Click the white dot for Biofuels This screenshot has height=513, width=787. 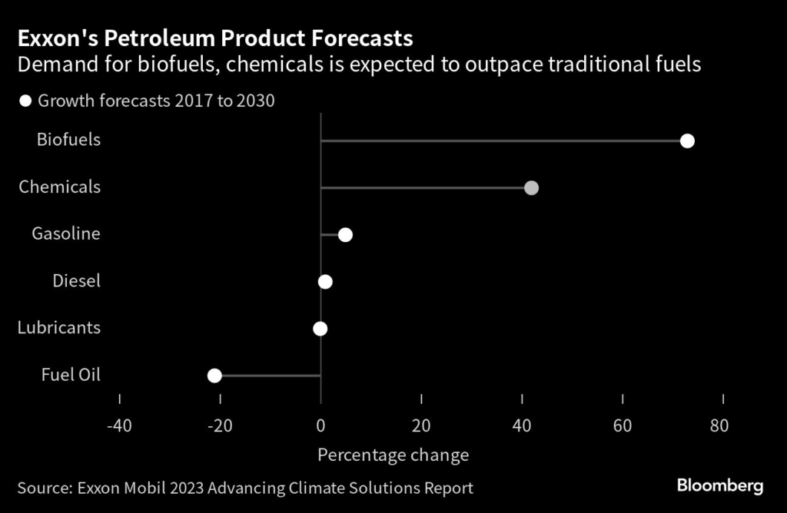coord(687,141)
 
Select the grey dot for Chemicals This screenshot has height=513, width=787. coord(530,187)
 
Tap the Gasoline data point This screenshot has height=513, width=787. coord(345,234)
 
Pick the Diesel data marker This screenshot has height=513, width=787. coord(325,282)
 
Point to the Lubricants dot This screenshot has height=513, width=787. coord(320,329)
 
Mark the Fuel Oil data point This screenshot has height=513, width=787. coord(214,376)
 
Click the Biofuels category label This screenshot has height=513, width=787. coord(68,140)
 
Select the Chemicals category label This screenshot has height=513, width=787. coord(59,187)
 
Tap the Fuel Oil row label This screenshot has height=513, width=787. coord(71,375)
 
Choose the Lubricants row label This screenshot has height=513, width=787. coord(59,328)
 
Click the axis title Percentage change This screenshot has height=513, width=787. coord(393,455)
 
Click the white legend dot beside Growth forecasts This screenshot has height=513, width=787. coord(25,101)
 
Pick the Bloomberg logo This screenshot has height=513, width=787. coord(719,485)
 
